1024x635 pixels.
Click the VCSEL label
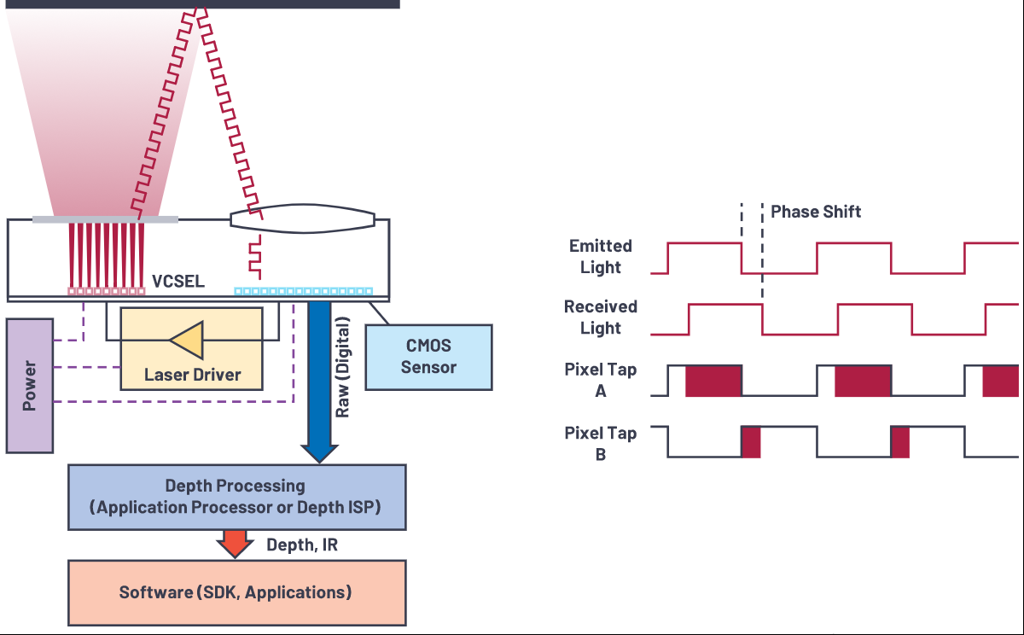coord(178,281)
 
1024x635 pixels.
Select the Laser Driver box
coord(191,349)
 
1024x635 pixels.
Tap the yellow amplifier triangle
coord(187,341)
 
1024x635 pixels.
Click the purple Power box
coord(30,386)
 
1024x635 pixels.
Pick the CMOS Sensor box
coord(428,357)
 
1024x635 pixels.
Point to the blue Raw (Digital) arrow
coord(319,382)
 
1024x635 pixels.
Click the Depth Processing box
coord(237,498)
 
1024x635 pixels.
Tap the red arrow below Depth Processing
coord(235,544)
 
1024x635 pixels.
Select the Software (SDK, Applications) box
coord(237,593)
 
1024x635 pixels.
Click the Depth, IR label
coord(302,545)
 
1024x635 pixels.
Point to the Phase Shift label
coord(816,212)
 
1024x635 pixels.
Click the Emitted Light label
coord(601,256)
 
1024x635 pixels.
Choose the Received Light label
coord(601,317)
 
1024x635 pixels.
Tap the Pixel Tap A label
coord(601,380)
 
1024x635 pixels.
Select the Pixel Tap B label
coord(601,444)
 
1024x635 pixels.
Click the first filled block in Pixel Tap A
coord(713,381)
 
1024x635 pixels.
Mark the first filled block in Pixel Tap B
coord(751,442)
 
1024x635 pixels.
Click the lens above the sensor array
coord(303,219)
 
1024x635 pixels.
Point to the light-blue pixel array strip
coord(304,291)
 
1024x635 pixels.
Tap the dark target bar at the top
coord(202,4)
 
